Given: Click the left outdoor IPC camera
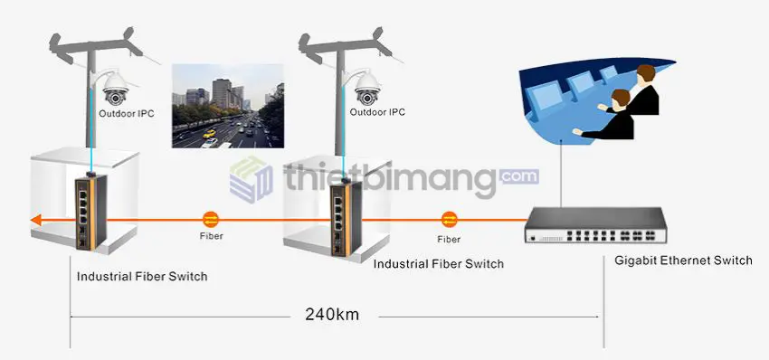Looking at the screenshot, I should click(x=116, y=88).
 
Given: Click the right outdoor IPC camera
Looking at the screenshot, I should click(x=366, y=88).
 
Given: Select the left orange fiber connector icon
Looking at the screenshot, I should click(x=210, y=219).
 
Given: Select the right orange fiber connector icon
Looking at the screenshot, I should click(x=449, y=219).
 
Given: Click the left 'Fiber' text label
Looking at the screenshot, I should click(x=210, y=236).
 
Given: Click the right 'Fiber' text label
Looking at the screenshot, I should click(x=449, y=239).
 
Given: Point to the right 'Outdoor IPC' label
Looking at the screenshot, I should click(x=378, y=112).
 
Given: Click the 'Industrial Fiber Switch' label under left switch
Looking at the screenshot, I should click(x=142, y=276).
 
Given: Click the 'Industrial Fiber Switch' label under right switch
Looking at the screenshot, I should click(x=439, y=264).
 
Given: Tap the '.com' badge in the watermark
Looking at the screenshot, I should click(x=518, y=175).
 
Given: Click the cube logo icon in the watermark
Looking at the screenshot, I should click(x=252, y=179).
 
